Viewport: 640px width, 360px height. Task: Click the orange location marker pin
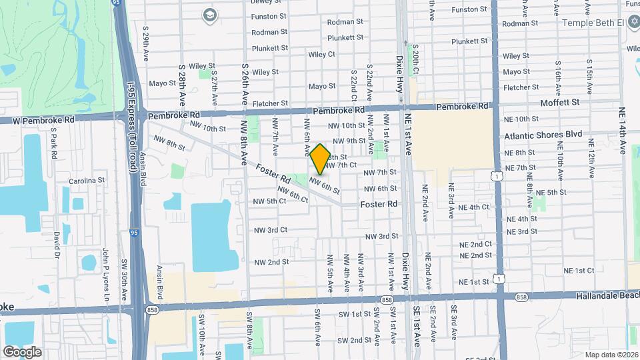320,159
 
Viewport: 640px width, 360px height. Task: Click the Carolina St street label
87,181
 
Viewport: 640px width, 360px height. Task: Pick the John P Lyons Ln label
105,273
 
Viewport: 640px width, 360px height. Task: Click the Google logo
22,351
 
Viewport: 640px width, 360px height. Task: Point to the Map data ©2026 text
611,355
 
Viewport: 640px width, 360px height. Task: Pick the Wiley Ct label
321,54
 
